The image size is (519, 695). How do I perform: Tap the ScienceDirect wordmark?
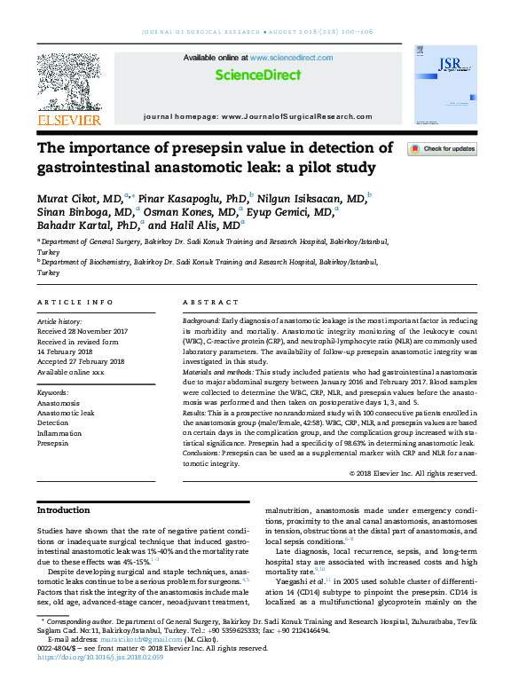(x=258, y=75)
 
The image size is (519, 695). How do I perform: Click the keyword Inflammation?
(x=59, y=432)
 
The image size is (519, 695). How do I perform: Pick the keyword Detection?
(x=53, y=423)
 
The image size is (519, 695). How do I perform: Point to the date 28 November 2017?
(x=97, y=330)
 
